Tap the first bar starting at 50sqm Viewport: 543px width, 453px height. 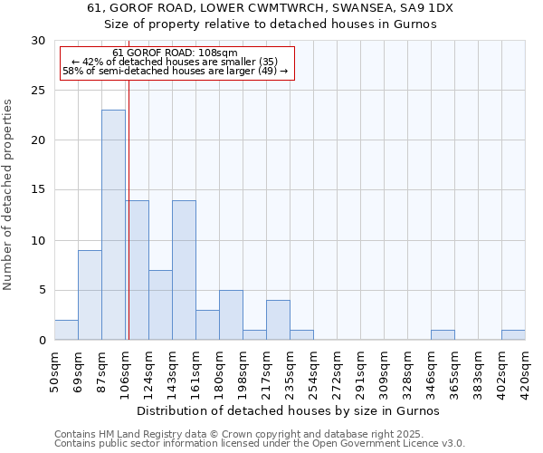tap(66, 330)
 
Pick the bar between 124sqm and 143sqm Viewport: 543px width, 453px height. tap(160, 304)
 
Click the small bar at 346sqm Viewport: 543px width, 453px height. tap(443, 335)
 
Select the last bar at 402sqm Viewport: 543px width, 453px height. tap(513, 335)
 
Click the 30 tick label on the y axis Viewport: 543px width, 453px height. tap(38, 41)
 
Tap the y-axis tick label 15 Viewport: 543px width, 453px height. tap(38, 190)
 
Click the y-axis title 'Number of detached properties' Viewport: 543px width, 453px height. tap(9, 195)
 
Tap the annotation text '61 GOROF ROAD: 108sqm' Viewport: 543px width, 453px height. tap(176, 53)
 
